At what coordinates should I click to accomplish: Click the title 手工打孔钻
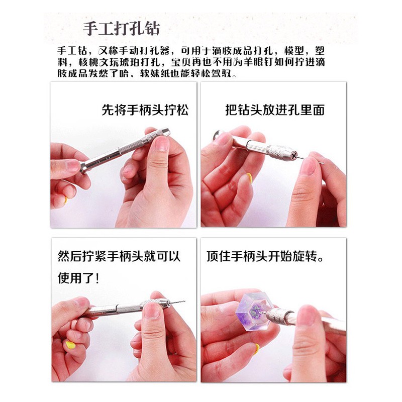(121, 29)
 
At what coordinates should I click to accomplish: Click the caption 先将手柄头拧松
(145, 110)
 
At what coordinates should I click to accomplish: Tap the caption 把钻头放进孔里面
(275, 110)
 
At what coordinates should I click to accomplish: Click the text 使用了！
(78, 278)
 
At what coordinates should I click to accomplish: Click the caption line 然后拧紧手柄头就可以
(119, 256)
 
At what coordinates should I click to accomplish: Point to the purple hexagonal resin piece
(254, 311)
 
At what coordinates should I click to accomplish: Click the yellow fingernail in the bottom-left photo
(70, 345)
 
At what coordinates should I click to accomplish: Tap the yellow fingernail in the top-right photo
(249, 178)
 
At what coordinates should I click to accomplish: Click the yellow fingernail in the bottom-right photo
(257, 348)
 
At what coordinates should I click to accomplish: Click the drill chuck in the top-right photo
(280, 152)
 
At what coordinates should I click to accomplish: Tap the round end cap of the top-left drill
(84, 167)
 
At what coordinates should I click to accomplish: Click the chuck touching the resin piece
(278, 316)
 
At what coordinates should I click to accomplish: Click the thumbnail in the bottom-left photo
(152, 311)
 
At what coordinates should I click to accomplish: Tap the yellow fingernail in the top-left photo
(66, 200)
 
